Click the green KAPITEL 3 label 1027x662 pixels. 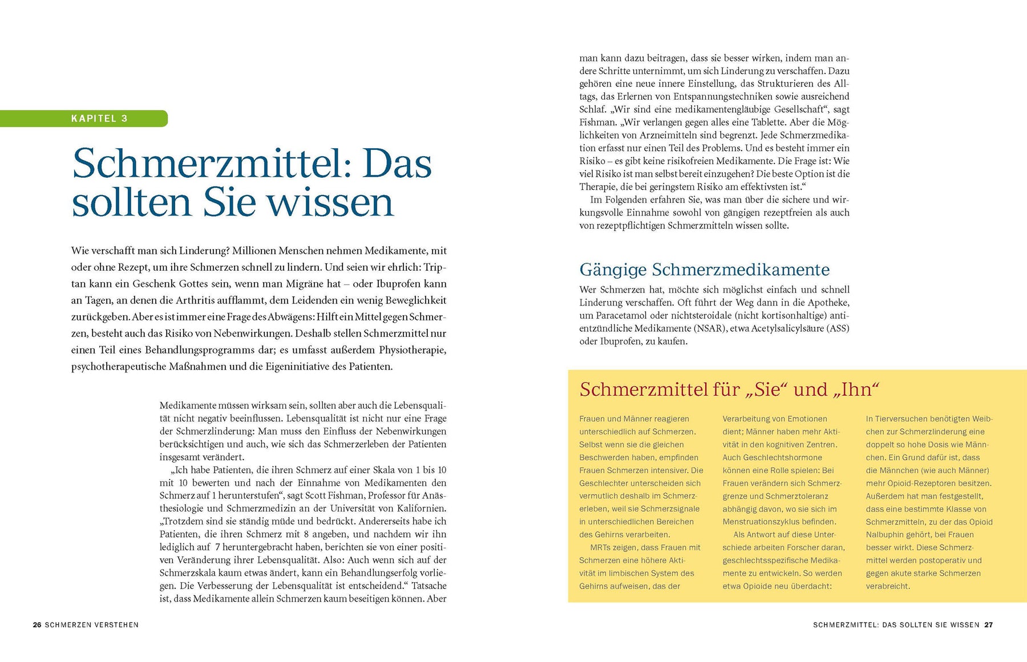pos(99,119)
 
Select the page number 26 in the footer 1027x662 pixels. pos(37,625)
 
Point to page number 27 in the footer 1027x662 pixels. pos(988,625)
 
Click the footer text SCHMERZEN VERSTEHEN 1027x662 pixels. pos(92,625)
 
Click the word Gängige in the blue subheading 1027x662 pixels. pos(613,270)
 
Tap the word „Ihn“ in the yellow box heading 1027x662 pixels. pos(855,389)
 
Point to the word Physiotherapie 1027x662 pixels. pos(413,350)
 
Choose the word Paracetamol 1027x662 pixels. pos(620,316)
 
